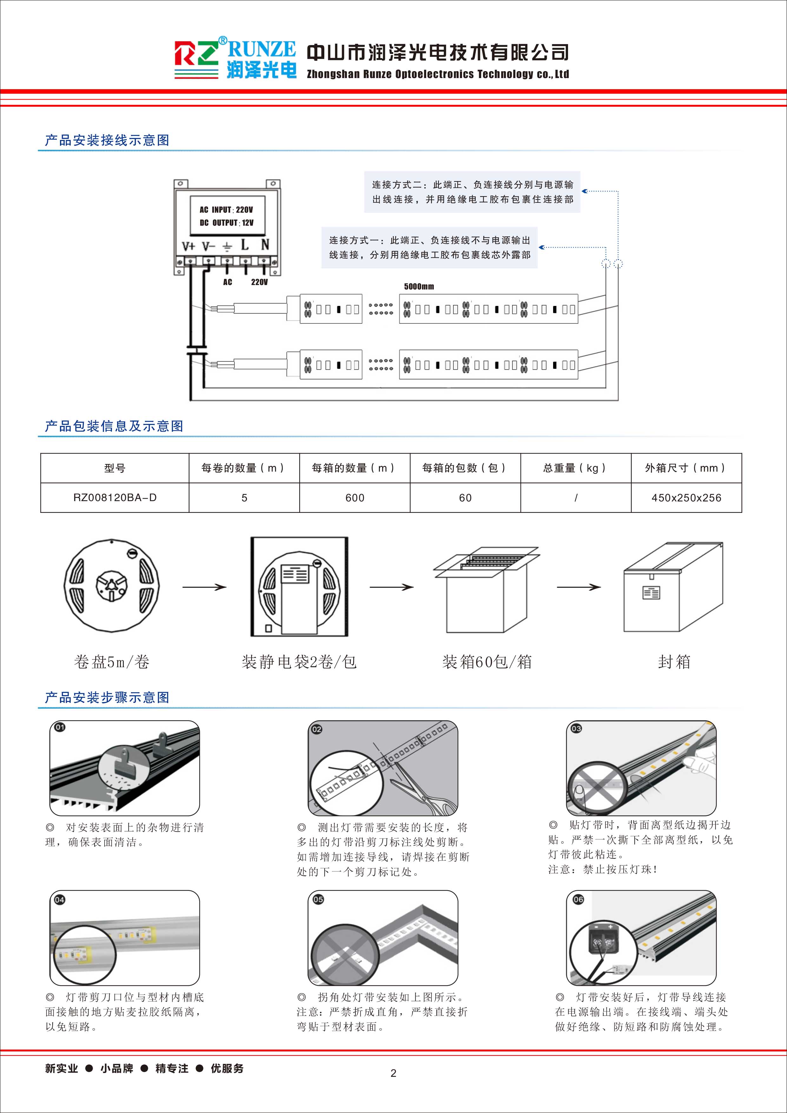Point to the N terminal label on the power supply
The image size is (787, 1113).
pyautogui.click(x=265, y=245)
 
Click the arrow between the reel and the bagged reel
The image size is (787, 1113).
pyautogui.click(x=204, y=587)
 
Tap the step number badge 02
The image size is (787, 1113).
pyautogui.click(x=316, y=729)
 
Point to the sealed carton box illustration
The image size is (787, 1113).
pyautogui.click(x=673, y=587)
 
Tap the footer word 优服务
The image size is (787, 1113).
pyautogui.click(x=227, y=1068)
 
